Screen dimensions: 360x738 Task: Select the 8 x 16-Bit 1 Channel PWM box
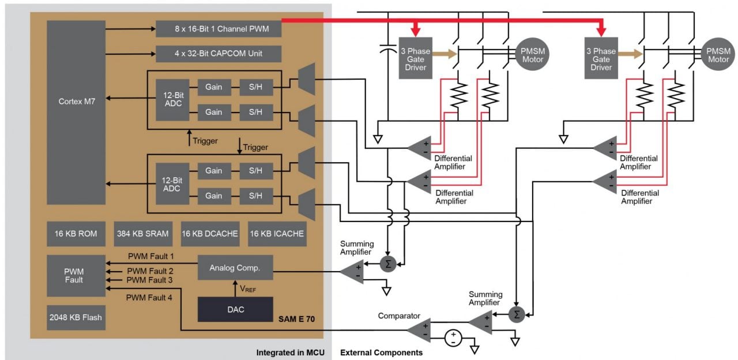pyautogui.click(x=218, y=28)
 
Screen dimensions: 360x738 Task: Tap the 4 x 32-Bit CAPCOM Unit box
pyautogui.click(x=218, y=54)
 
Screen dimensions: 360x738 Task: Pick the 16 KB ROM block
pyautogui.click(x=76, y=234)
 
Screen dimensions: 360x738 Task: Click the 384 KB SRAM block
pyautogui.click(x=143, y=234)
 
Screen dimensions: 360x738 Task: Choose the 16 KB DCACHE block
pyautogui.click(x=210, y=234)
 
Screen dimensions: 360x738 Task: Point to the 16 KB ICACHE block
pyautogui.click(x=277, y=234)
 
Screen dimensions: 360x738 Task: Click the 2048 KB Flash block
pyautogui.click(x=76, y=317)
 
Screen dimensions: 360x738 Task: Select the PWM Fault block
pyautogui.click(x=76, y=275)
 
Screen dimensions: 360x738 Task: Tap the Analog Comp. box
pyautogui.click(x=235, y=268)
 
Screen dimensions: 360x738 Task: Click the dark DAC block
pyautogui.click(x=235, y=310)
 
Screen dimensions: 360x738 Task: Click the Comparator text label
pyautogui.click(x=399, y=316)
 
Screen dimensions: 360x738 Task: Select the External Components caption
pyautogui.click(x=382, y=352)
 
